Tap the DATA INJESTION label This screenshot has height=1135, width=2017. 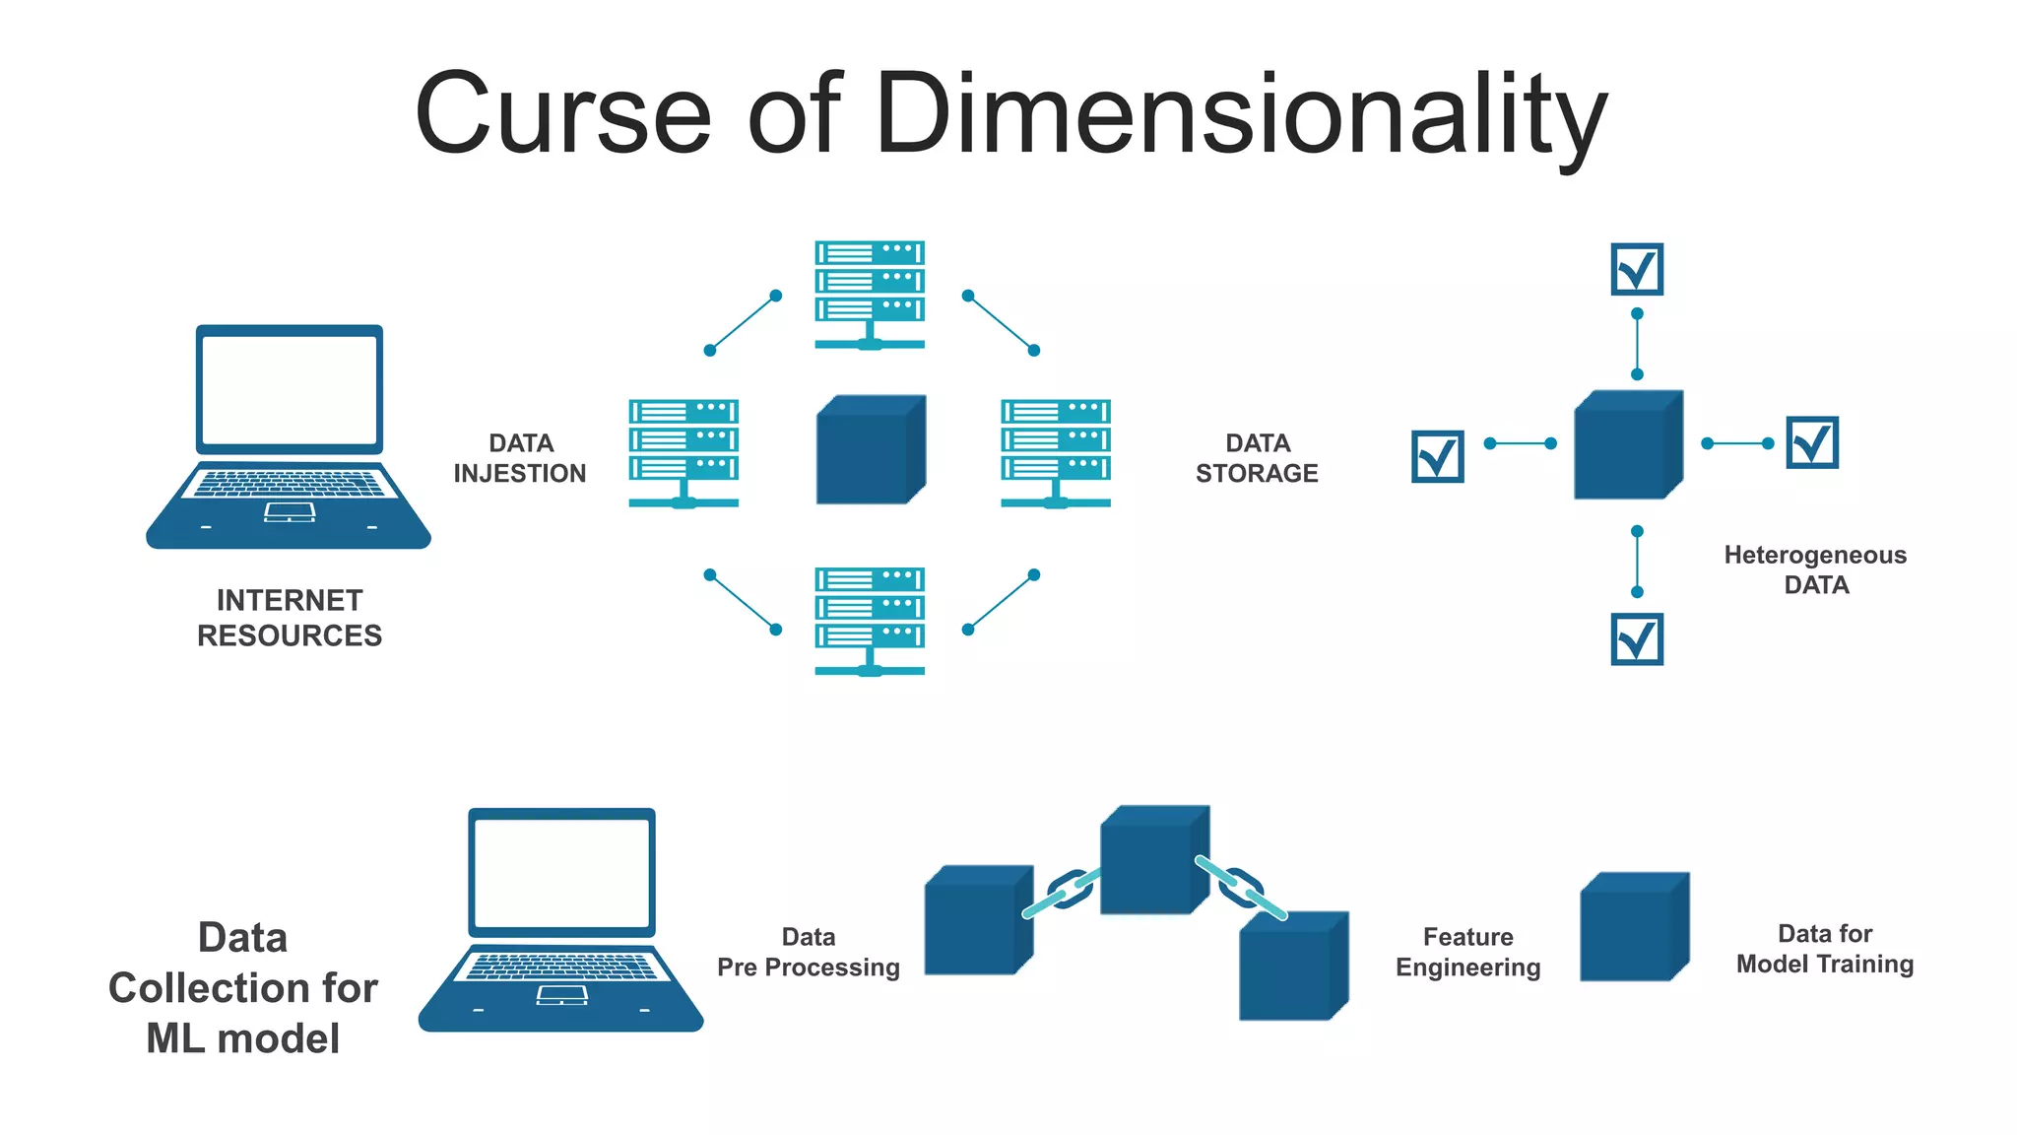click(520, 458)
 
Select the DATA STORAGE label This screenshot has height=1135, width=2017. click(1257, 458)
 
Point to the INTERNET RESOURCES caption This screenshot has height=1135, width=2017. click(290, 618)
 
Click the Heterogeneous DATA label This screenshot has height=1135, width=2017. click(1815, 569)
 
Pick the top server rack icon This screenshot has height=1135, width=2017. click(870, 294)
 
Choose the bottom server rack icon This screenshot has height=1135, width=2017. click(870, 620)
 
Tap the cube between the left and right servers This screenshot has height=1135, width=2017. click(870, 450)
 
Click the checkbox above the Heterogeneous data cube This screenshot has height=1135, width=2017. click(1637, 269)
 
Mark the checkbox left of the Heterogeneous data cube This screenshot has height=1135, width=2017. click(1437, 456)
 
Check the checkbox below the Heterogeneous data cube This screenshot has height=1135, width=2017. click(1637, 639)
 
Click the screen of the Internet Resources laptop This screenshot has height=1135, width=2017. click(290, 390)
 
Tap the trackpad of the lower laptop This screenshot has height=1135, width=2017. click(561, 995)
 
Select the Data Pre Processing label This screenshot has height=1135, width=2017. click(809, 952)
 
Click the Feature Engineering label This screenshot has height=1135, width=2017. click(1467, 952)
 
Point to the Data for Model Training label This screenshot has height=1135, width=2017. click(1825, 949)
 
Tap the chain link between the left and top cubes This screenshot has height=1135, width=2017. click(1068, 890)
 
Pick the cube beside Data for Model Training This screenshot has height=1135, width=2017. click(1633, 927)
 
